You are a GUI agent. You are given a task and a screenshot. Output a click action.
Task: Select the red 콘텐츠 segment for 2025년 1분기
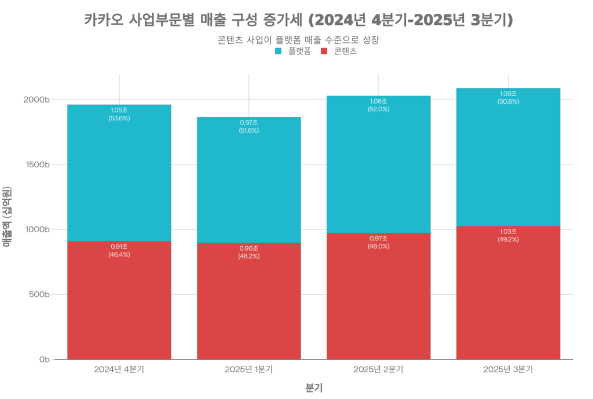(x=249, y=301)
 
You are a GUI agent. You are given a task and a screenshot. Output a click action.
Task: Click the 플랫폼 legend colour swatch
(x=278, y=51)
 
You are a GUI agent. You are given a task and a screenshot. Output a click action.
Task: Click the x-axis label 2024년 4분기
(x=119, y=369)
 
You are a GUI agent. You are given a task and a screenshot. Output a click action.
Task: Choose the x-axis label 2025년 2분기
(x=379, y=369)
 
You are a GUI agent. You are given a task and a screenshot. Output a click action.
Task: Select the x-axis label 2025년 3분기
(x=508, y=369)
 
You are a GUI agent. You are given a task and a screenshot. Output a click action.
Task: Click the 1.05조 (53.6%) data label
(x=119, y=114)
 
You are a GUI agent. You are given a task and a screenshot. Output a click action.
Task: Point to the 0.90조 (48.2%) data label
(x=249, y=252)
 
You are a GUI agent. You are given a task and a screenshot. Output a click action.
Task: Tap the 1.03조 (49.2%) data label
(x=508, y=235)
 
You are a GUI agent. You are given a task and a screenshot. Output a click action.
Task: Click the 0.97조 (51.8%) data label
(x=249, y=126)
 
